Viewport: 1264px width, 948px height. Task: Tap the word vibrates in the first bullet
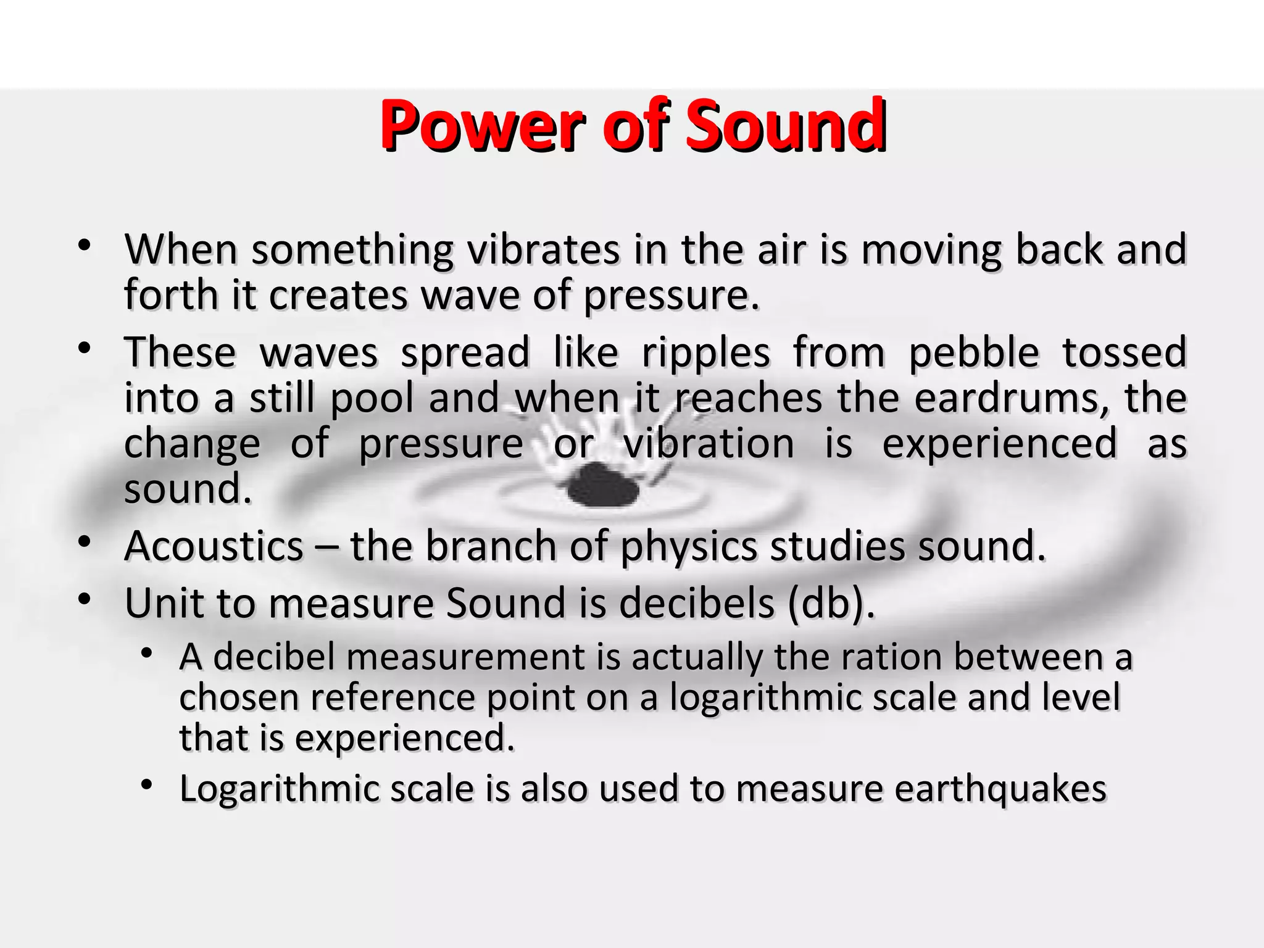(x=543, y=250)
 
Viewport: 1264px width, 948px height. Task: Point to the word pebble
(x=974, y=353)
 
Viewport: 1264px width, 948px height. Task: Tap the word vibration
(x=709, y=443)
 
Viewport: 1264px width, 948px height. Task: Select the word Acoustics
(x=214, y=547)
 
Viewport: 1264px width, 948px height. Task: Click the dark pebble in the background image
(x=602, y=485)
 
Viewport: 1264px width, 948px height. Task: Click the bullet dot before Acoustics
(x=85, y=543)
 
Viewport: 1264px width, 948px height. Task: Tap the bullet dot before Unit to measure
(x=85, y=599)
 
